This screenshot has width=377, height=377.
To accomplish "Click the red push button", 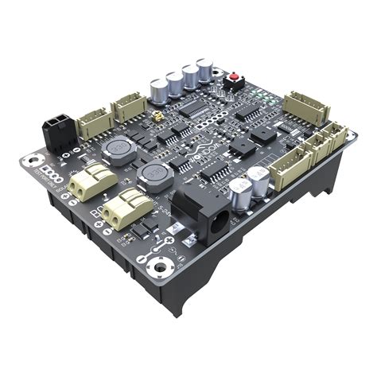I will (x=236, y=80).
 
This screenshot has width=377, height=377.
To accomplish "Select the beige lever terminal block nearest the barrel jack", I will (x=125, y=209).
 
